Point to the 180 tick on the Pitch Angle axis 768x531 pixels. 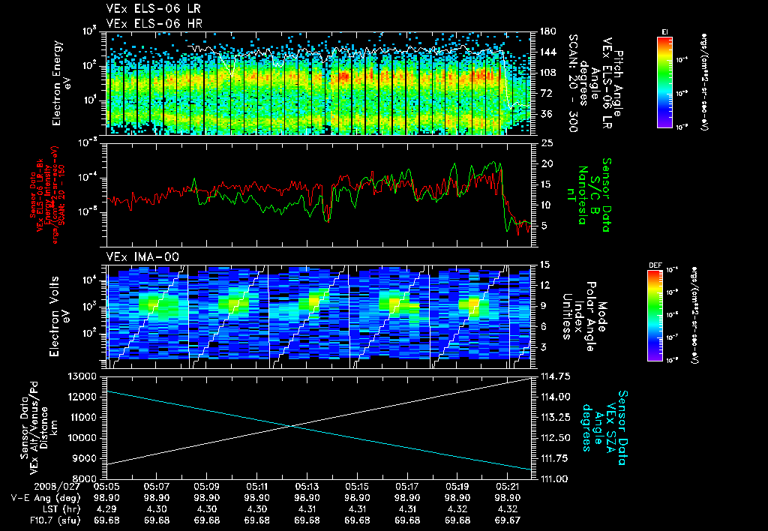(546, 31)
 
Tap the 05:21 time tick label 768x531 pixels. (508, 486)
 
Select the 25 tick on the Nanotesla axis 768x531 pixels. (546, 142)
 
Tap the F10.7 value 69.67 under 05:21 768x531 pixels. (508, 520)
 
